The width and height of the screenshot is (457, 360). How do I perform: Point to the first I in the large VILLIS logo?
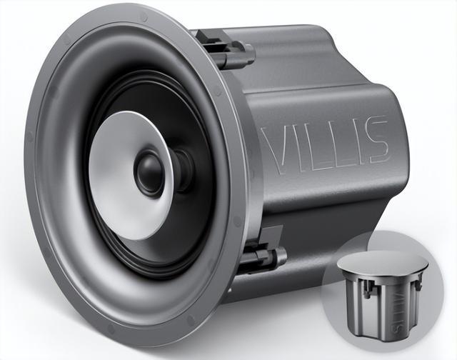tap(296, 147)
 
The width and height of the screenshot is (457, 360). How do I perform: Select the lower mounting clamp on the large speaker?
tap(261, 251)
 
